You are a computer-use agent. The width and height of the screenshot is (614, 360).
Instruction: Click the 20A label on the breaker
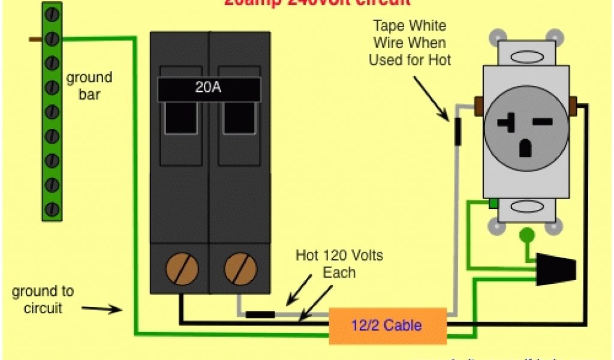click(x=208, y=88)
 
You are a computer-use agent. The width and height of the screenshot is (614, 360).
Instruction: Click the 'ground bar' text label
click(x=89, y=86)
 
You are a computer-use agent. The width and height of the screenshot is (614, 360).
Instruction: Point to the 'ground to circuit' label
click(x=43, y=299)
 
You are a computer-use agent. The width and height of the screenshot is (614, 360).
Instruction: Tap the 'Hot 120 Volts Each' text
click(x=339, y=264)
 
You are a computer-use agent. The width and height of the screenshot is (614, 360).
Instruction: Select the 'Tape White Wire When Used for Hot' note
click(x=410, y=43)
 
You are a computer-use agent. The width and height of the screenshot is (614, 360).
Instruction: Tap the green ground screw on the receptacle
click(x=492, y=204)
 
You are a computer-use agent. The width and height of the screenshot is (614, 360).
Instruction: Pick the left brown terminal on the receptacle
click(x=479, y=106)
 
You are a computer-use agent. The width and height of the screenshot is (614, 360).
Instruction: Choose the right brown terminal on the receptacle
click(x=573, y=106)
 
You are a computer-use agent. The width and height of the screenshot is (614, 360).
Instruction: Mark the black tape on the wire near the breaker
click(x=260, y=314)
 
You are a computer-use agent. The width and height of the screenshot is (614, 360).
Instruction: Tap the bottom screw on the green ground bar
click(x=52, y=209)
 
